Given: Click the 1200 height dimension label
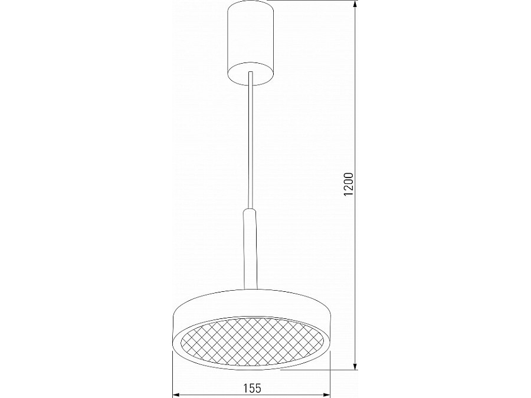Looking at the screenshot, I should pos(349,185).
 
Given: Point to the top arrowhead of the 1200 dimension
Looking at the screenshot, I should pos(355,5).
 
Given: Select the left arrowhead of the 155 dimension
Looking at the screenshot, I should pos(175,394).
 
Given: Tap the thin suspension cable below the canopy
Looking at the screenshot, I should pos(251,142).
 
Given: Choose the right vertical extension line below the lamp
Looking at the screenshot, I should pos(330,371).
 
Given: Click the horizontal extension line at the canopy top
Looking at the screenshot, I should pos(313,1).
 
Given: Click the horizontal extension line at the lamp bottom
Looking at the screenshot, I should pos(319,370).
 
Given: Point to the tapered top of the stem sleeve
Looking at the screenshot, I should pos(251,211).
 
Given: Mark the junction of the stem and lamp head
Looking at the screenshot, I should pos(251,290).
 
